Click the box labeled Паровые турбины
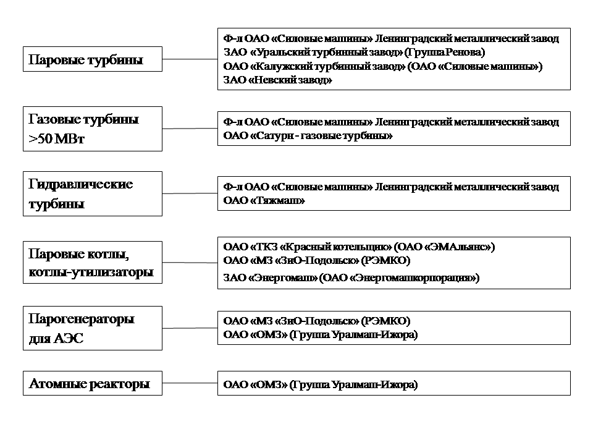coord(93,60)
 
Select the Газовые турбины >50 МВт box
coord(93,129)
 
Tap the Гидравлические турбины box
coord(93,193)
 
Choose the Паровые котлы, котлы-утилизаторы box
coord(93,263)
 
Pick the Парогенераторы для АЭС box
coord(93,328)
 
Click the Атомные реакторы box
coord(93,384)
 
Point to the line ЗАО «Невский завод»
coord(277,80)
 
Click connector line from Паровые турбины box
coord(190,60)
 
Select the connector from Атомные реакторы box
coord(190,384)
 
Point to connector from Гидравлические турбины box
coord(190,193)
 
